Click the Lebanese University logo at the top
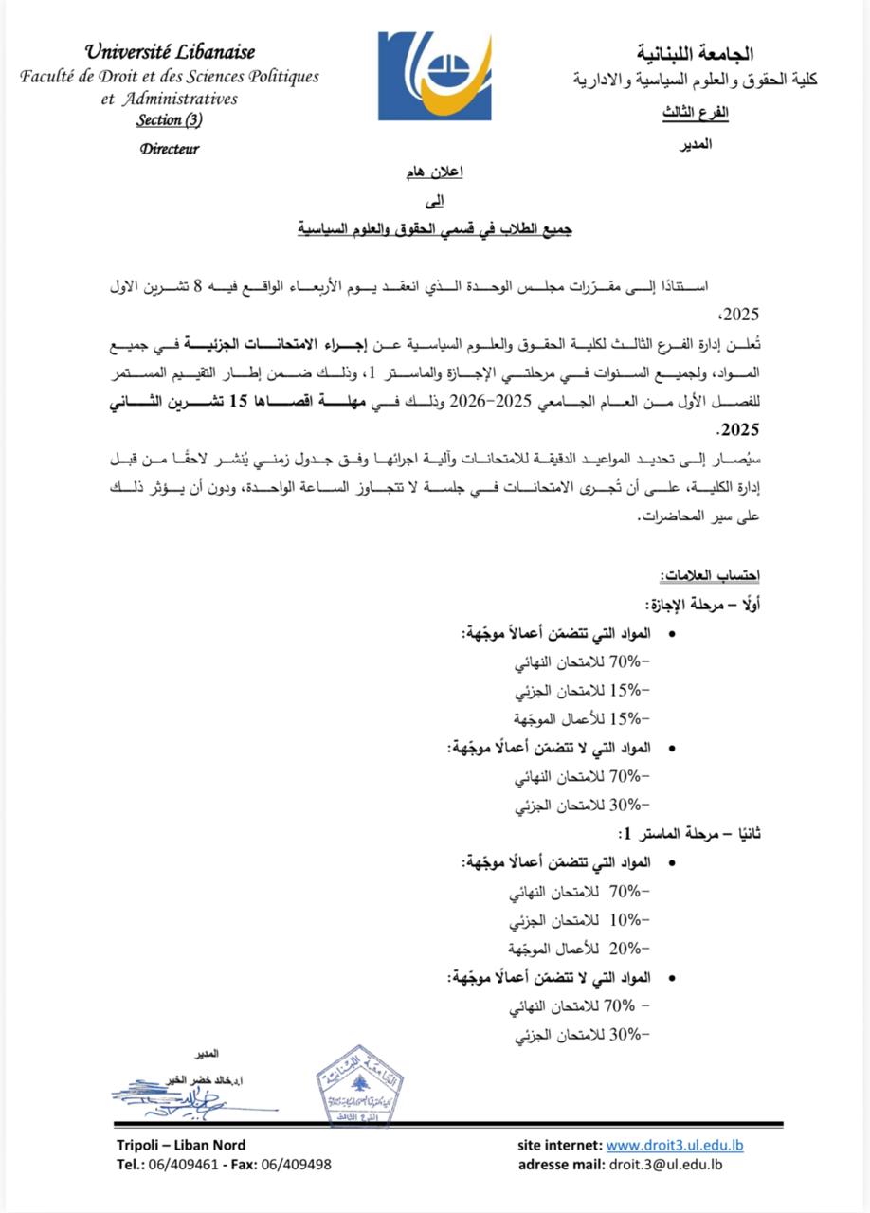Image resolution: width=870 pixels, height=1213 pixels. pyautogui.click(x=435, y=76)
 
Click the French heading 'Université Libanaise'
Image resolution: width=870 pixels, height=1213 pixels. pyautogui.click(x=170, y=52)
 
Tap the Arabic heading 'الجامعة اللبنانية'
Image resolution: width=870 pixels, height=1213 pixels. pyautogui.click(x=695, y=53)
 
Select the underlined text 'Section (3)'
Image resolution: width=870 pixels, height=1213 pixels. pyautogui.click(x=169, y=119)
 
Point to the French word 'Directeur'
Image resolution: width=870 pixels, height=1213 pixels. pyautogui.click(x=170, y=149)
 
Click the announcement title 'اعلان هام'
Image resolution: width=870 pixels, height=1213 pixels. pyautogui.click(x=435, y=174)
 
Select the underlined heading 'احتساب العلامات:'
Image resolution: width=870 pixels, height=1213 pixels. pyautogui.click(x=710, y=577)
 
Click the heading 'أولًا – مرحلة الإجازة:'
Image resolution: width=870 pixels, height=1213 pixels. pyautogui.click(x=702, y=604)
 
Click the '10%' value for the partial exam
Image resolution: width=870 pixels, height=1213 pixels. pyautogui.click(x=625, y=920)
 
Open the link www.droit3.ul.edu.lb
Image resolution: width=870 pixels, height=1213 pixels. pyautogui.click(x=675, y=1146)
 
